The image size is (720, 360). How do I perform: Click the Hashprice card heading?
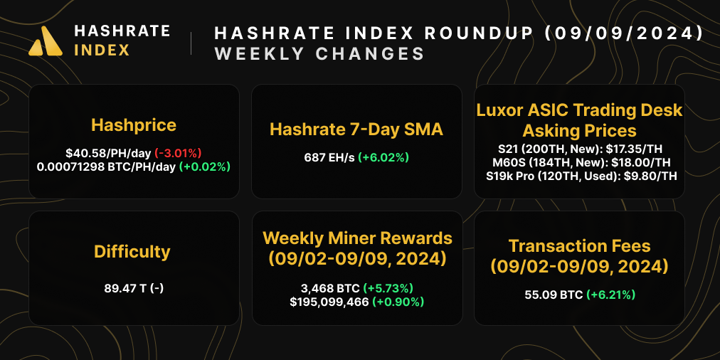click(x=134, y=126)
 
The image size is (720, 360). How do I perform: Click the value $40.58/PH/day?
click(x=108, y=152)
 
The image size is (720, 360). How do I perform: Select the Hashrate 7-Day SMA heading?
click(x=356, y=129)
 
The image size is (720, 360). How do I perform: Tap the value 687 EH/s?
click(x=329, y=156)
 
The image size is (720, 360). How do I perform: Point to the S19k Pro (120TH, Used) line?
click(x=579, y=178)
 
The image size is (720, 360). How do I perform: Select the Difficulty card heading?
click(x=132, y=252)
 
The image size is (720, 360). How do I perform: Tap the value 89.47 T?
click(x=122, y=289)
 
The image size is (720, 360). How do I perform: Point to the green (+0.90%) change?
click(x=399, y=302)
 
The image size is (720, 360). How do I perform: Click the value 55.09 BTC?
click(x=552, y=294)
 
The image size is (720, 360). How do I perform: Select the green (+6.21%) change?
click(x=610, y=294)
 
